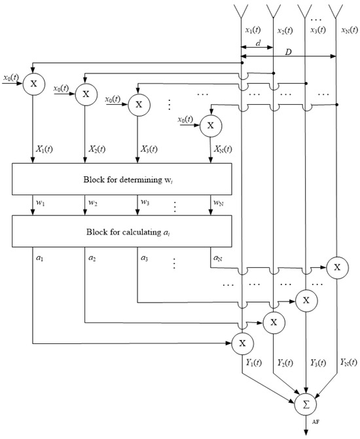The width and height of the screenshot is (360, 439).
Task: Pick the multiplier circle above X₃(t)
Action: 137,104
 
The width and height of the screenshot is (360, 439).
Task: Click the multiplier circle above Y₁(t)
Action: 243,342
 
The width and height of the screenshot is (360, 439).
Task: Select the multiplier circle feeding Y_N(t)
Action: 337,267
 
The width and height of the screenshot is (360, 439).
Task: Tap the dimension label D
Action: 289,50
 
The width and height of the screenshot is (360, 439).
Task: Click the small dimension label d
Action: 259,43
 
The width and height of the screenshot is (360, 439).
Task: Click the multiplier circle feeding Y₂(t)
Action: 274,321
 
